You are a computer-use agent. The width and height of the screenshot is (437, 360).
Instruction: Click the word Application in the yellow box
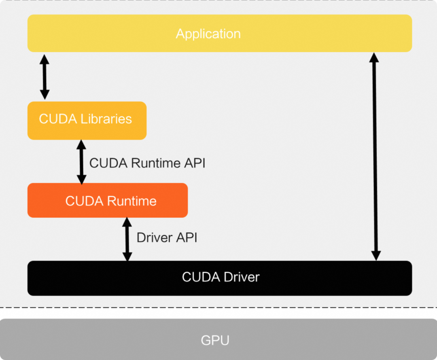208,34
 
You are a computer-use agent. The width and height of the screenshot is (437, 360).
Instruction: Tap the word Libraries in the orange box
106,119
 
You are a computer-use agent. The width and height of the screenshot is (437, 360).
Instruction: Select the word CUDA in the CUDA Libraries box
58,119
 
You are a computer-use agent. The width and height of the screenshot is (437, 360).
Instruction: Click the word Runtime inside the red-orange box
132,201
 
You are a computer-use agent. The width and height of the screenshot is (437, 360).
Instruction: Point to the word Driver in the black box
242,277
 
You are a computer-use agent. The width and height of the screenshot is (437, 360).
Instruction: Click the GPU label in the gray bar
215,340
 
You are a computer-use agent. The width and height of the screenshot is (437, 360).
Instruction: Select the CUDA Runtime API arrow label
147,163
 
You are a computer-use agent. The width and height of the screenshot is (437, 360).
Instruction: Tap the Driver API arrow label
167,238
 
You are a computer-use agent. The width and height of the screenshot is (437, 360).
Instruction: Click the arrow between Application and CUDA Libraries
45,77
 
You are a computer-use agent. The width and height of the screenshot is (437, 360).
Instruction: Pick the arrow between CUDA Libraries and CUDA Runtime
81,162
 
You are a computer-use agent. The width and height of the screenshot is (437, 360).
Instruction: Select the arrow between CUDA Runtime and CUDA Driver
127,239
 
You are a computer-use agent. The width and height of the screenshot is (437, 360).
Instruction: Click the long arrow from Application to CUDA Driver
375,157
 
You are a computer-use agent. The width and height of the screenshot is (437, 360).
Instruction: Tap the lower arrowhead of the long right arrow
376,256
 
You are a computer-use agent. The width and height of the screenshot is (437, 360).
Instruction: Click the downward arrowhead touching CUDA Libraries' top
45,95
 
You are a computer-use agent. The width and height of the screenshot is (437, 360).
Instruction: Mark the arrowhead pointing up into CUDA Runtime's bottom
127,222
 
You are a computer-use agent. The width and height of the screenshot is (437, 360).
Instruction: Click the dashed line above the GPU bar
218,307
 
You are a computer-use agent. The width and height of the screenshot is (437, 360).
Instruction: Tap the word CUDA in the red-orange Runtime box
85,201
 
